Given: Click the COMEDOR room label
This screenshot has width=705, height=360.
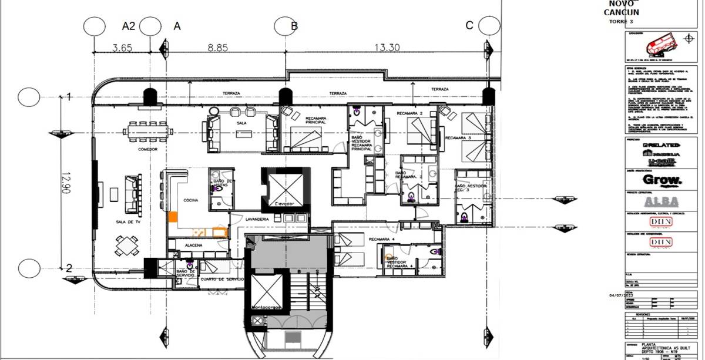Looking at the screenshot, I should click(x=148, y=149).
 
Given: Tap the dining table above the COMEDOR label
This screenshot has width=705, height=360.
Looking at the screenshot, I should click(x=149, y=131).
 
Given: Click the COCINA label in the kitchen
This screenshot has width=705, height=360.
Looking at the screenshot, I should click(x=190, y=200).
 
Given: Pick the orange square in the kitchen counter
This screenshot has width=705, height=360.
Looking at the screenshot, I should click(x=173, y=216).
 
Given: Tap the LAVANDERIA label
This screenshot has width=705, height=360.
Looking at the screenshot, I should click(x=258, y=219).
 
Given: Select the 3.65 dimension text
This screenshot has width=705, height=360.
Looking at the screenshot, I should click(x=122, y=48).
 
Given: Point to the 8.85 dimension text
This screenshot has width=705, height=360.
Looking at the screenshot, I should click(x=217, y=48).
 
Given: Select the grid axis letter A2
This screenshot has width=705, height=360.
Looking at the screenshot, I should click(x=128, y=26).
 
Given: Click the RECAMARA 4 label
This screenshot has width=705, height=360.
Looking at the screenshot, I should click(x=382, y=239).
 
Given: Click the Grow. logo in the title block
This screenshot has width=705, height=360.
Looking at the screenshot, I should click(x=662, y=180).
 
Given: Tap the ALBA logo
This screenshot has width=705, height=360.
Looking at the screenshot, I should click(x=661, y=201).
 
